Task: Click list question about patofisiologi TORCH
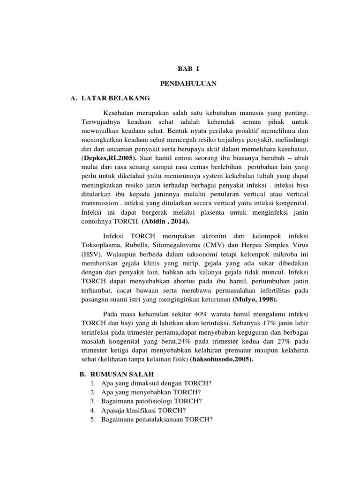[x=151, y=401]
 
